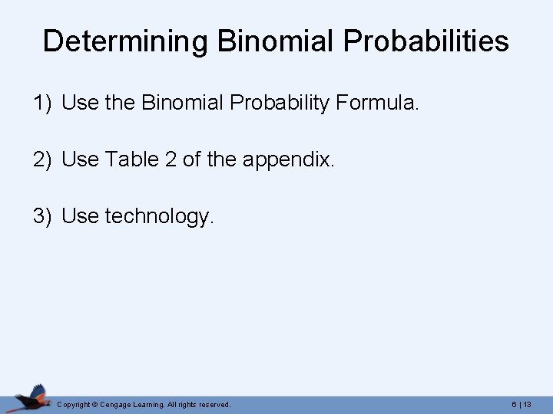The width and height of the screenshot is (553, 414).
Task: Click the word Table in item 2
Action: coord(130,159)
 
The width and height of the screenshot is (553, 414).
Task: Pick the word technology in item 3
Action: coord(157,217)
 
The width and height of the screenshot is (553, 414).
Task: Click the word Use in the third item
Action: coord(79,216)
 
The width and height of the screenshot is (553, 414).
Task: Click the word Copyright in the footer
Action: coord(75,404)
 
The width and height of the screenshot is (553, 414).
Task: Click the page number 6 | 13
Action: coord(522,404)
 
